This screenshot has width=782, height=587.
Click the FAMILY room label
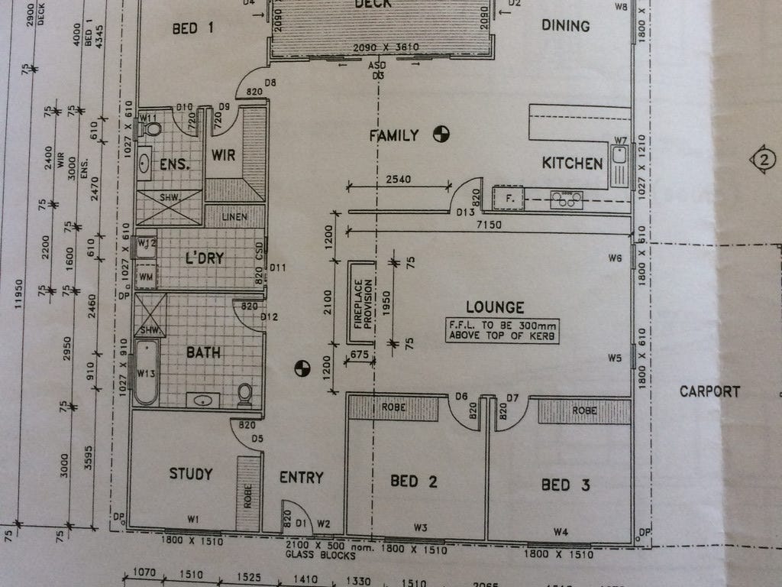394,136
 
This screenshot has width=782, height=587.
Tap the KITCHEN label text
572,163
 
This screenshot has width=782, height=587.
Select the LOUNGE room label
495,307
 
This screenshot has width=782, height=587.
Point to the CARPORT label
709,391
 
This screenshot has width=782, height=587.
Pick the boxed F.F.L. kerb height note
503,330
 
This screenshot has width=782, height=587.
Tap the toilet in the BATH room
245,394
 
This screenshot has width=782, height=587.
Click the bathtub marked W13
146,372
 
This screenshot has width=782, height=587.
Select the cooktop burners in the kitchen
567,200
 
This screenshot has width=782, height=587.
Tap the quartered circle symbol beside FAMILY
440,135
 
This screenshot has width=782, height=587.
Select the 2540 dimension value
399,180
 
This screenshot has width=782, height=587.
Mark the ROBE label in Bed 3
584,410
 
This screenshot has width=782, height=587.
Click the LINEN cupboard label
234,217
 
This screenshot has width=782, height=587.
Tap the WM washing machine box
146,274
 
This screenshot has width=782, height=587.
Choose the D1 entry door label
299,524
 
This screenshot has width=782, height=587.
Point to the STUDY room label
190,475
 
